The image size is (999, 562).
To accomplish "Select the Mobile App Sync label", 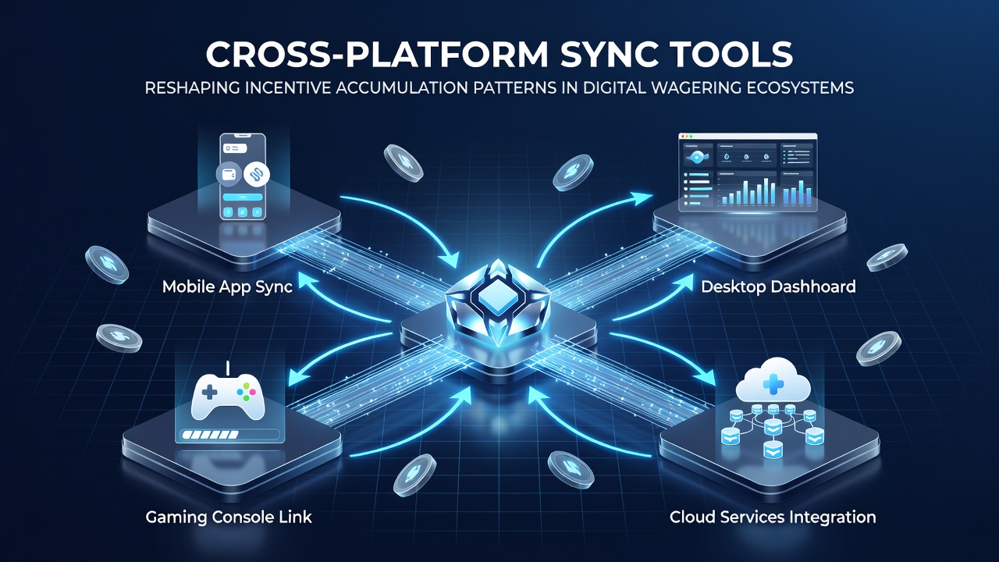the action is click(227, 286).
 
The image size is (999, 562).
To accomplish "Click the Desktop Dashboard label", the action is click(778, 286).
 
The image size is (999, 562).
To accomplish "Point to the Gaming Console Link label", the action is click(229, 518).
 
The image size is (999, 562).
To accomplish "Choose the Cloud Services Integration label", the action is click(773, 518).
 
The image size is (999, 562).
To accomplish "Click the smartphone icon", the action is click(243, 176).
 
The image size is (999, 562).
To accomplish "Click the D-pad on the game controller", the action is click(210, 393).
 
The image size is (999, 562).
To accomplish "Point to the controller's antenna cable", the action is click(228, 368).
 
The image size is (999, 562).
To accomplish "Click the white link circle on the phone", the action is click(257, 174).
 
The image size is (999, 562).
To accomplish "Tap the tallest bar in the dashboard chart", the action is click(766, 191).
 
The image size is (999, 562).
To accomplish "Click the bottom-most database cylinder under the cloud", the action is click(773, 450).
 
